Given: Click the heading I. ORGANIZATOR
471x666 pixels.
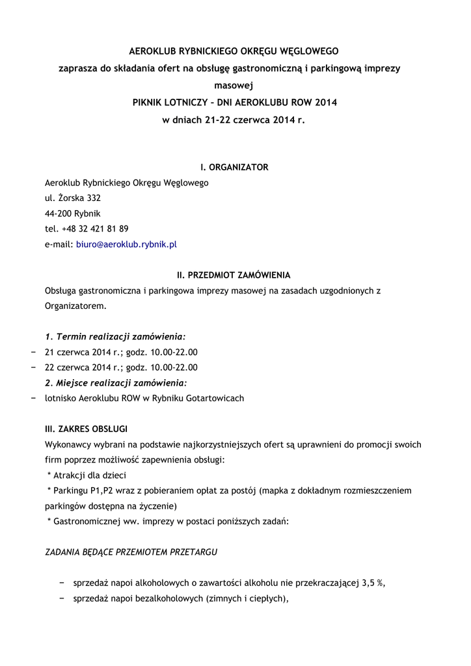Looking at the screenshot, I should click(x=234, y=167).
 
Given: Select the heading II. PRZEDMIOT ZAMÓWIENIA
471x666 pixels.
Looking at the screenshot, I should click(x=234, y=275).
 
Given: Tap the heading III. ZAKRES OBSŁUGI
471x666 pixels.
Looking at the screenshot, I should click(x=86, y=429).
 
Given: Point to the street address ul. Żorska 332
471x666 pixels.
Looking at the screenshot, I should click(x=73, y=198).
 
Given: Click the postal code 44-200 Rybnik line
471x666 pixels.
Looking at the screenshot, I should click(x=73, y=213).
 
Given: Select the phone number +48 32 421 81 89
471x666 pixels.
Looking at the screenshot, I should click(x=95, y=229).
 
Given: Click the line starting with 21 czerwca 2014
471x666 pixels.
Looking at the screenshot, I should click(x=121, y=352).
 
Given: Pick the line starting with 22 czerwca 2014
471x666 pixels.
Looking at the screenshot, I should click(x=121, y=367).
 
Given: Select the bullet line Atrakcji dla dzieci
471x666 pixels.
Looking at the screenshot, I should click(x=87, y=475).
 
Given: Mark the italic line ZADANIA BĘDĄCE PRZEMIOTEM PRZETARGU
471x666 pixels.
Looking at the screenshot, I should click(x=131, y=552).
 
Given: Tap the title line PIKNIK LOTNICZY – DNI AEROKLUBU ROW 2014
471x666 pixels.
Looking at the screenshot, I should click(x=234, y=103).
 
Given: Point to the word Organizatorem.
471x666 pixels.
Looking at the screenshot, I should click(x=75, y=306).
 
